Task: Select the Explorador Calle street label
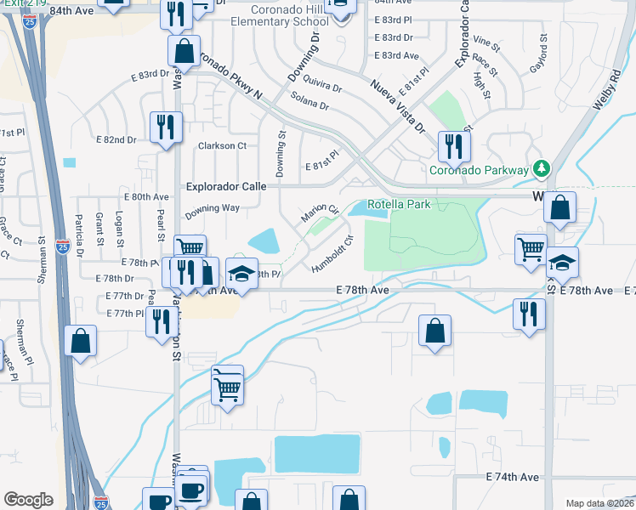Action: click(x=226, y=186)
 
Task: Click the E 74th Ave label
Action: click(x=513, y=478)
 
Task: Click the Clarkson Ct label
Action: click(x=222, y=145)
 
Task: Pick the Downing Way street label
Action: click(x=213, y=208)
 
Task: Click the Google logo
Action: click(x=28, y=500)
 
